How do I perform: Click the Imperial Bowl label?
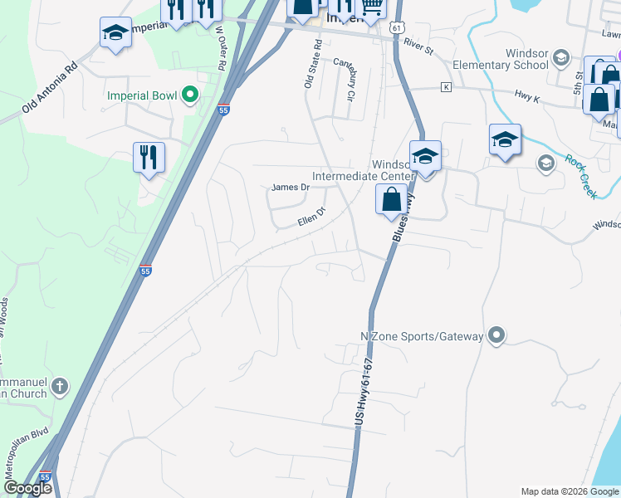pyautogui.click(x=142, y=95)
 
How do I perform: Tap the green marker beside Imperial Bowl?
pyautogui.click(x=189, y=95)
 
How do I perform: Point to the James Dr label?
pyautogui.click(x=290, y=188)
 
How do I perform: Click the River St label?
pyautogui.click(x=418, y=51)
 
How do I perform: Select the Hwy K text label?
pyautogui.click(x=527, y=96)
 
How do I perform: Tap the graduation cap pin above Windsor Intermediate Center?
pyautogui.click(x=425, y=156)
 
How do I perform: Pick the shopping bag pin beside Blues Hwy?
pyautogui.click(x=392, y=200)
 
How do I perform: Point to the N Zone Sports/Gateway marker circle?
pyautogui.click(x=496, y=335)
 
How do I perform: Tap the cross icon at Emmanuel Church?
pyautogui.click(x=60, y=386)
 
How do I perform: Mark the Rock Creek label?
pyautogui.click(x=582, y=175)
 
